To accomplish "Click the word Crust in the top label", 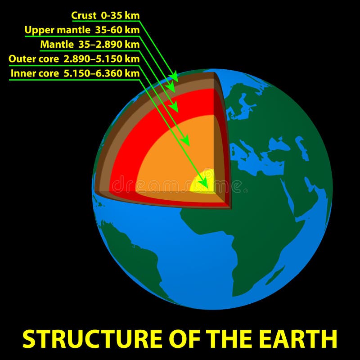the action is [x=84, y=16].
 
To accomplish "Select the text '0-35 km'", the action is [x=120, y=16].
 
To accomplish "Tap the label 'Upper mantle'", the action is [x=58, y=30].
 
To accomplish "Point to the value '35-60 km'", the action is [x=117, y=30].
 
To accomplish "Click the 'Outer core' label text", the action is [x=34, y=59].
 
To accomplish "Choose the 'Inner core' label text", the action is [x=35, y=73].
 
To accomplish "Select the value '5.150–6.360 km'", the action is [x=102, y=73].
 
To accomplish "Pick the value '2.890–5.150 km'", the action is [x=102, y=59].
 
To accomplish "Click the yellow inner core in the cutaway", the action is [x=203, y=181].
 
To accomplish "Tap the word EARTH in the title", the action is [x=299, y=339].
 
